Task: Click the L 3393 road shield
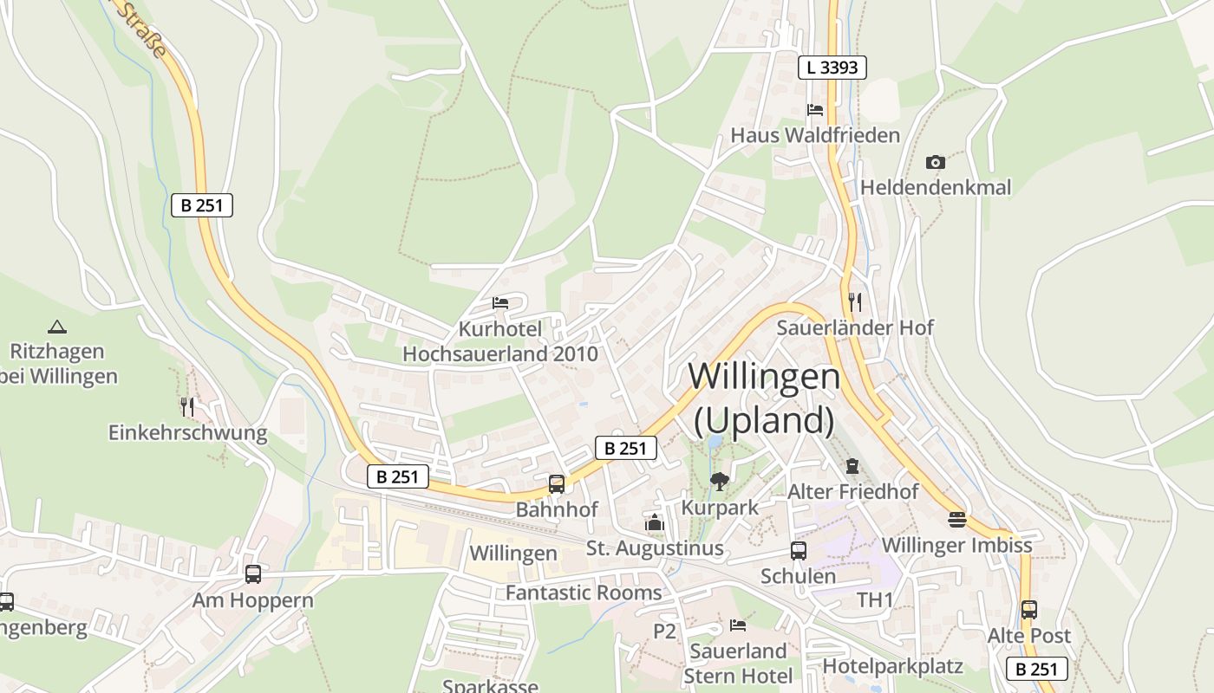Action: [832, 68]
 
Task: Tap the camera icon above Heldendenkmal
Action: [935, 162]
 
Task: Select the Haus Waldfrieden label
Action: [815, 135]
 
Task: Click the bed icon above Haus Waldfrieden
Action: [815, 110]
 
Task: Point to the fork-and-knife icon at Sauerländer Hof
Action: [855, 301]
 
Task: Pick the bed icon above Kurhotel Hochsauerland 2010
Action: [500, 303]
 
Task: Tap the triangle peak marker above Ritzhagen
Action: [57, 327]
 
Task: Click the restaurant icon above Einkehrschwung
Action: [187, 405]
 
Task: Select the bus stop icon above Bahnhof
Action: [557, 483]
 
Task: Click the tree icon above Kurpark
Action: [719, 481]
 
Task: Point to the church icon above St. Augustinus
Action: [655, 522]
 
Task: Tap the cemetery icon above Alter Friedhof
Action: [852, 466]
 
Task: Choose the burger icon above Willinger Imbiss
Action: [957, 519]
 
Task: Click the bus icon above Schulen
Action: [798, 550]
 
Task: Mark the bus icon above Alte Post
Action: [1029, 609]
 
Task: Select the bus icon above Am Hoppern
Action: [253, 573]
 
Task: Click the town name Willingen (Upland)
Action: [764, 398]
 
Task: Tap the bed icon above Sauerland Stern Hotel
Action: [738, 625]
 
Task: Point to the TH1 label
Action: [875, 599]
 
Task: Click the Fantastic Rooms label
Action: [584, 593]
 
